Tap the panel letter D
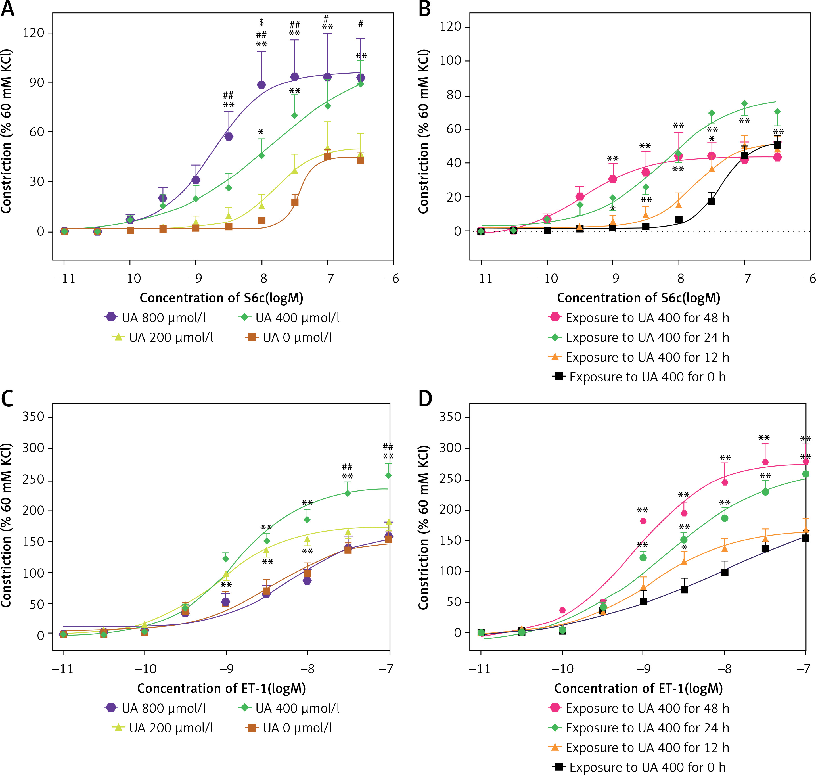pos(425,399)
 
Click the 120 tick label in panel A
pos(34,33)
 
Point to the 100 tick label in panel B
pos(450,61)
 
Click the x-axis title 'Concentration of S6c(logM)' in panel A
pos(221,298)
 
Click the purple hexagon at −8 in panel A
pos(261,85)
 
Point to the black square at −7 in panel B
pos(744,155)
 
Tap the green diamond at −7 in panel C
pos(388,475)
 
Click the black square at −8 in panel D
pos(725,572)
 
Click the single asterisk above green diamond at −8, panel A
pos(261,132)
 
